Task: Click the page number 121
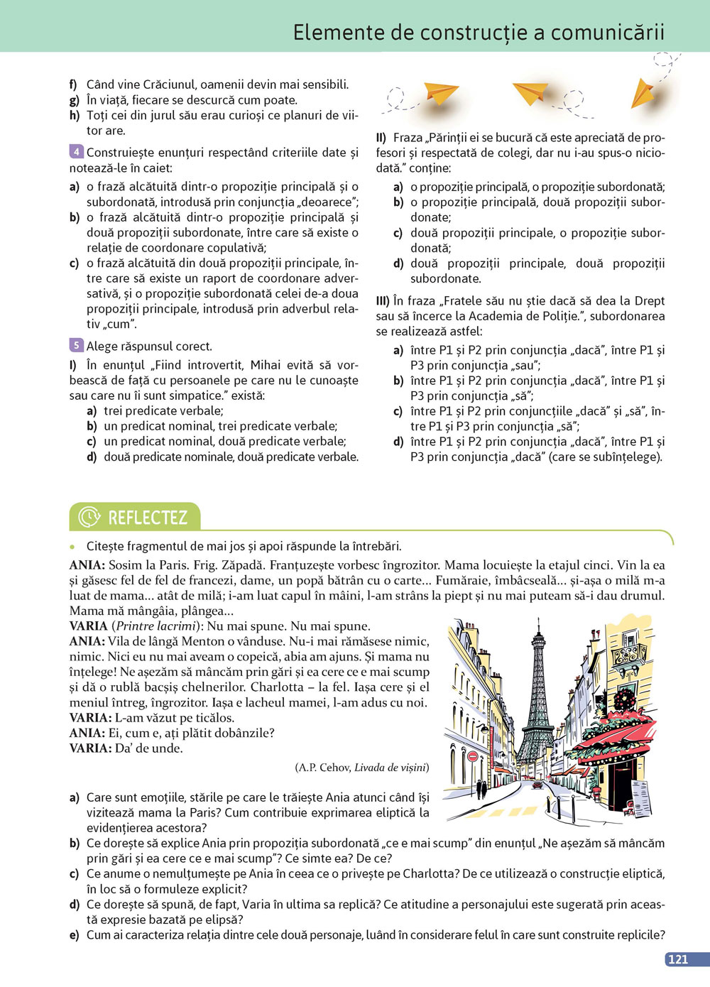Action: [678, 959]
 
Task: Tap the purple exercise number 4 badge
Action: [76, 151]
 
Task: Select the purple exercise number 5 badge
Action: [76, 346]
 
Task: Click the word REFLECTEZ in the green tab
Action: [148, 518]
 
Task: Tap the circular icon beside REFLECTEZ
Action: [89, 518]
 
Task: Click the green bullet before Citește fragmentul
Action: [72, 547]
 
